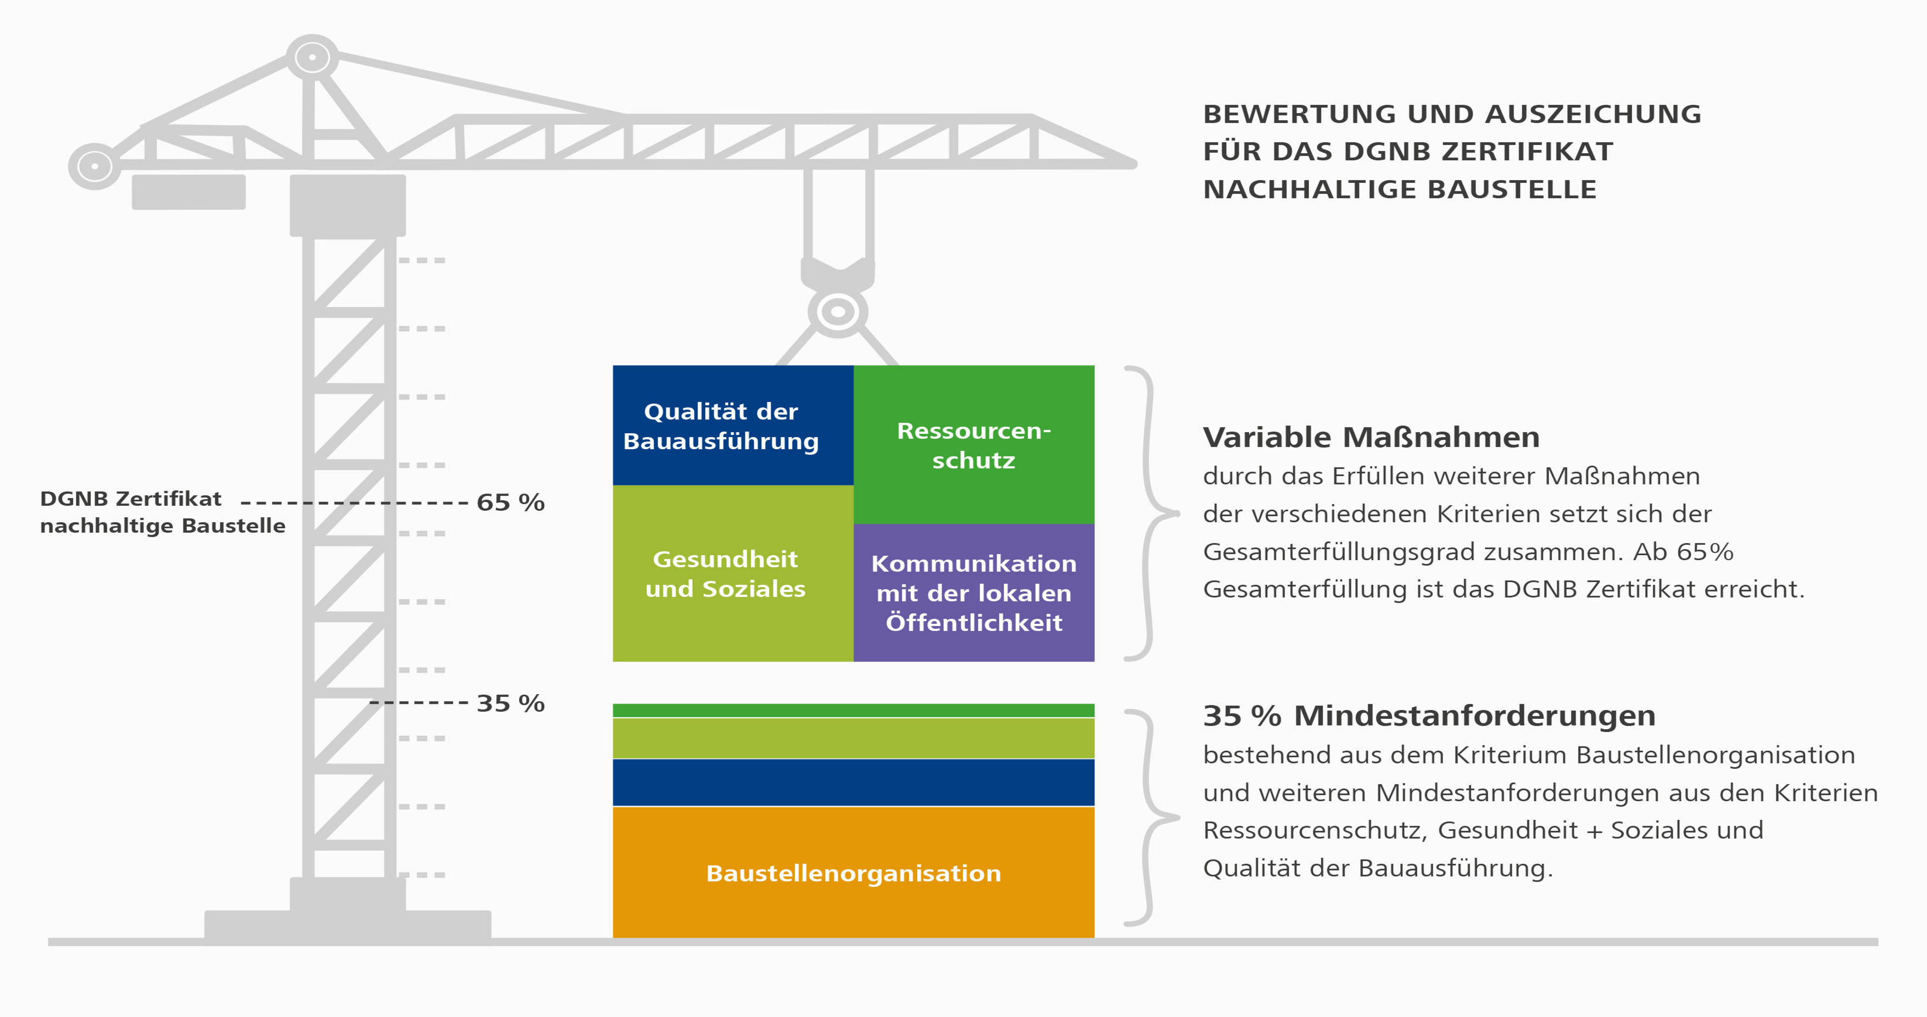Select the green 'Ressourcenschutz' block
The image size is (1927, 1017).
tap(974, 445)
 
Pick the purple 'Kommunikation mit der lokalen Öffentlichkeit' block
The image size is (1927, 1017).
tap(974, 593)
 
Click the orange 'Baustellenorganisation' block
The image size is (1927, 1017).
tap(854, 873)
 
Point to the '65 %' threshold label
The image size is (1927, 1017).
tap(511, 502)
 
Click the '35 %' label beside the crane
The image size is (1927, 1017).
tap(511, 703)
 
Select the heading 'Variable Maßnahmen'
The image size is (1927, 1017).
tap(1371, 438)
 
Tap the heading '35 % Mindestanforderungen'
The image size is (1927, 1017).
tap(1429, 716)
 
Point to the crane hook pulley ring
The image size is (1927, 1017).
tap(838, 312)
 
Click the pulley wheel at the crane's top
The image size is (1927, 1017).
tap(313, 57)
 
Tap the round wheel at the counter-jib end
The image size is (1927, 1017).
tap(95, 166)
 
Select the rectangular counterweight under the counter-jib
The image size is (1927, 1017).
tap(188, 192)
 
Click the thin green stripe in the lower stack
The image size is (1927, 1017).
tap(854, 711)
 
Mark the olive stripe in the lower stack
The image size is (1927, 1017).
tap(854, 739)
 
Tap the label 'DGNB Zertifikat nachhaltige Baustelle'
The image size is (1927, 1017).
tap(163, 512)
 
